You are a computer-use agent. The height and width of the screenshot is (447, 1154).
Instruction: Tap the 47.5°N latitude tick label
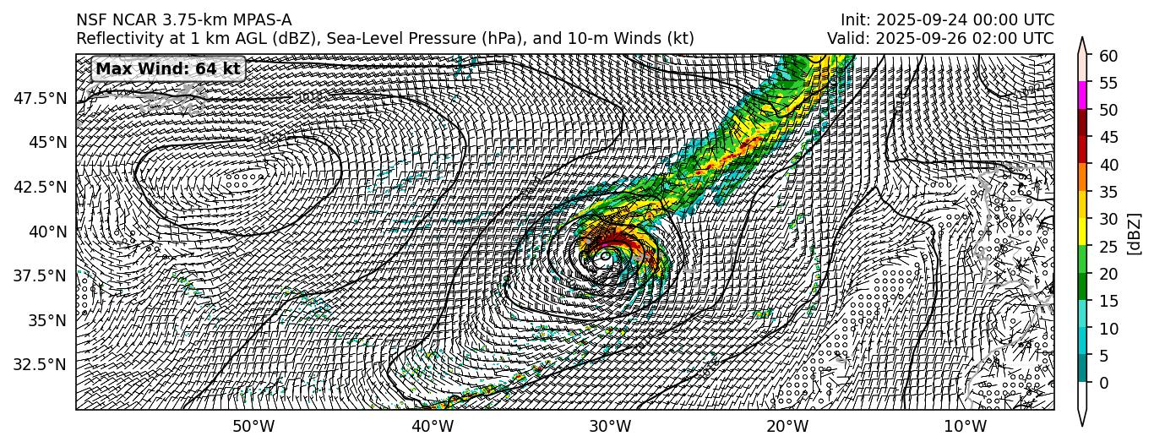(41, 98)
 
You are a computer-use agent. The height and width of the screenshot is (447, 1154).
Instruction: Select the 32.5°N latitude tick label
(41, 365)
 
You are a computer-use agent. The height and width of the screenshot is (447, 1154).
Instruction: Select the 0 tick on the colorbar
(1102, 383)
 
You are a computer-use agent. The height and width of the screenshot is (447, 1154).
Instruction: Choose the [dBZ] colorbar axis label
(1134, 220)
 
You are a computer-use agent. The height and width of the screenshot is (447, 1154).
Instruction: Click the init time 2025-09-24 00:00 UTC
(947, 19)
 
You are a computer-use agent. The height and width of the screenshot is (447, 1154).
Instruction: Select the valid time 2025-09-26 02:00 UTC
(940, 38)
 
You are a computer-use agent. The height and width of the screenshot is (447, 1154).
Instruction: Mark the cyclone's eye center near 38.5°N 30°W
(606, 254)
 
